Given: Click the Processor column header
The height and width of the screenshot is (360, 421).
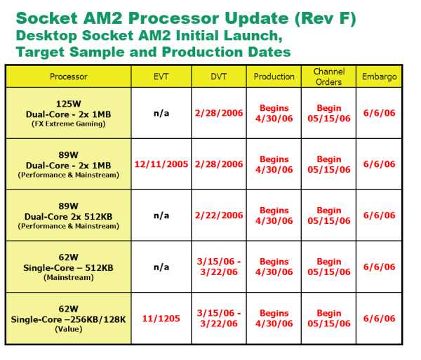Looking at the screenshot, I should (68, 76).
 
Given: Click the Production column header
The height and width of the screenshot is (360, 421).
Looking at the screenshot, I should (274, 76).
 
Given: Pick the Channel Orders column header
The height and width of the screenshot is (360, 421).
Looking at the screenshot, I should (328, 76).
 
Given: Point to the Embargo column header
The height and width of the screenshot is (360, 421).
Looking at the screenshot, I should (378, 76).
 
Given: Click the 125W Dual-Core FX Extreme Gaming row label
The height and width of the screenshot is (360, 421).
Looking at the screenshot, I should (68, 113).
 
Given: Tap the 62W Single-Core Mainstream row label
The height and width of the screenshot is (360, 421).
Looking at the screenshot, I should (68, 267).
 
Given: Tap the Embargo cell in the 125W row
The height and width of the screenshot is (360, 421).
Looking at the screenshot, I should (378, 113).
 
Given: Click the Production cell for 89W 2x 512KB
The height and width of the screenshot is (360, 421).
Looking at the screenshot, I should (274, 215).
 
